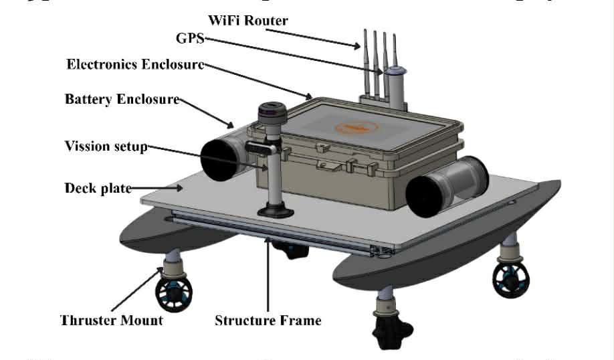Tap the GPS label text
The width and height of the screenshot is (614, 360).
point(189,39)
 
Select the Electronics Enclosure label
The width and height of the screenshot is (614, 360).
point(135,65)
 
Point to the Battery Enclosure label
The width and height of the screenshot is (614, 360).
point(122,100)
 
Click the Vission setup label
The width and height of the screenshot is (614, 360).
point(106,146)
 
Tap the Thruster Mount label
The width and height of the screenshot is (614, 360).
point(112,320)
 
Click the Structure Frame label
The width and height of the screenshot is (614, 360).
point(268,321)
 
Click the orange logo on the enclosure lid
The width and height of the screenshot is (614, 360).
point(356,125)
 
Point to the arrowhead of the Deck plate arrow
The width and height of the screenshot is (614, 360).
point(182,188)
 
